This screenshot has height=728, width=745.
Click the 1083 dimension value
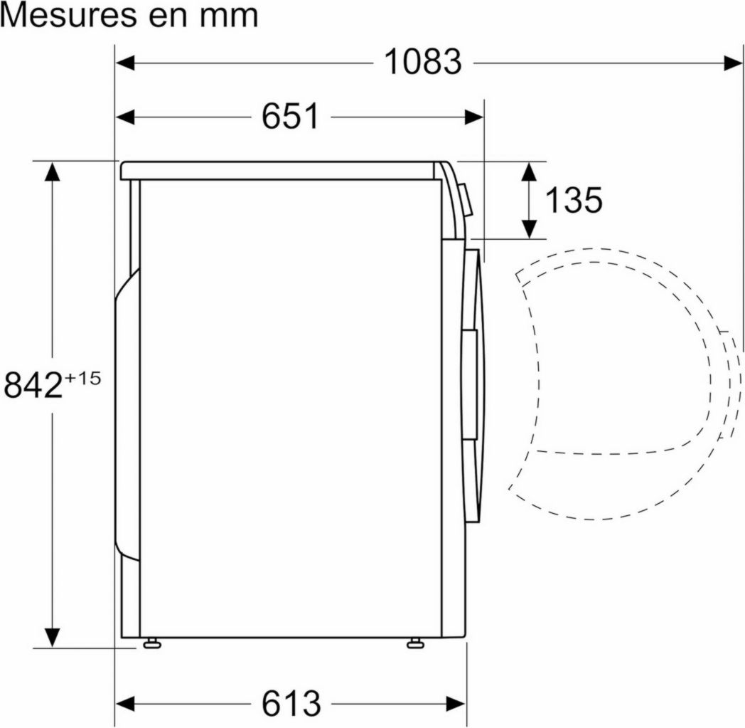[423, 63]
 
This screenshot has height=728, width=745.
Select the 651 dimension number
[290, 117]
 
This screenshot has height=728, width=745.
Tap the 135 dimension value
[573, 200]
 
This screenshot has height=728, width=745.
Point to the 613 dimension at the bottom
[291, 704]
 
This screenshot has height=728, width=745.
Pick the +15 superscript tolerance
[83, 377]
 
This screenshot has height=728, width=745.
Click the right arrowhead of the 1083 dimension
[734, 63]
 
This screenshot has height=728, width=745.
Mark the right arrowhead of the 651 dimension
[475, 117]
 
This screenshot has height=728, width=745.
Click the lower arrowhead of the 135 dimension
[529, 229]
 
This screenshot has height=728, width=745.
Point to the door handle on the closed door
[468, 384]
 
